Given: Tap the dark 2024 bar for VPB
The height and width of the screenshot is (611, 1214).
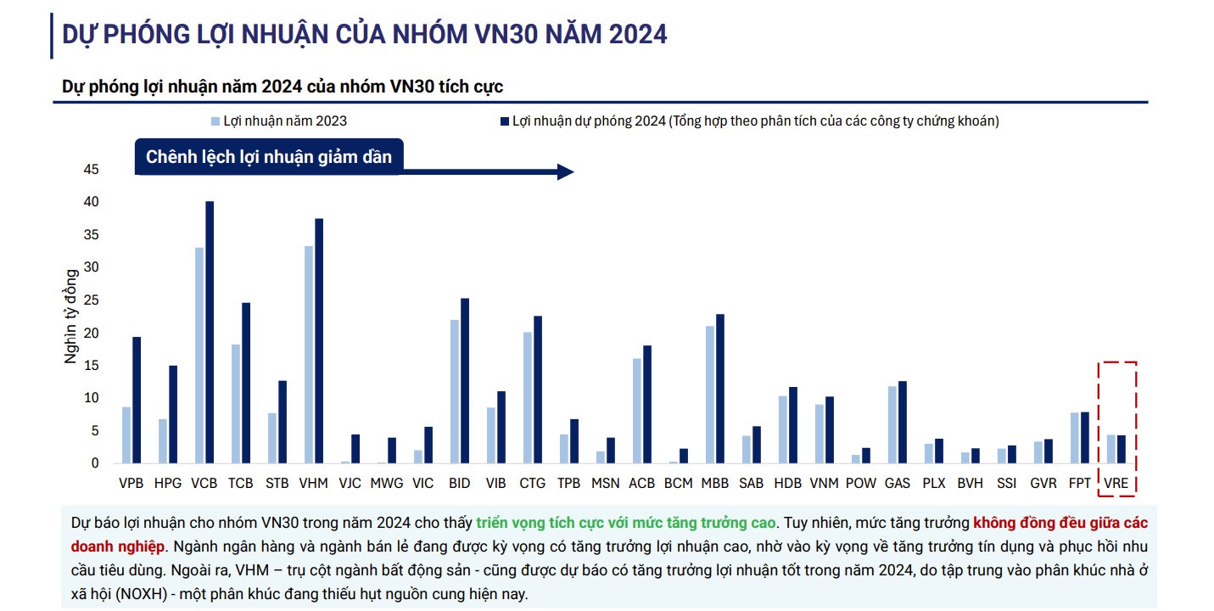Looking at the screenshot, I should pyautogui.click(x=137, y=400).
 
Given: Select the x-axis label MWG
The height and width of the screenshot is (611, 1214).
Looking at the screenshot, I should pyautogui.click(x=386, y=483).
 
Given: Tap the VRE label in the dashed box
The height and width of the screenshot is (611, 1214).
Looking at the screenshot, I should pyautogui.click(x=1116, y=483).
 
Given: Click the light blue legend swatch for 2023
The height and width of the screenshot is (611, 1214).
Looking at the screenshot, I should pyautogui.click(x=215, y=121).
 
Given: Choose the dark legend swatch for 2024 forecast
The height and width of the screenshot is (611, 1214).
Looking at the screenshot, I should pyautogui.click(x=504, y=121).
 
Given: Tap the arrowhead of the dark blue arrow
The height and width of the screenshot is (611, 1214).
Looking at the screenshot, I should pyautogui.click(x=566, y=172).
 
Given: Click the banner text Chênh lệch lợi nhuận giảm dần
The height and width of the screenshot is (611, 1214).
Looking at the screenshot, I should pyautogui.click(x=269, y=157).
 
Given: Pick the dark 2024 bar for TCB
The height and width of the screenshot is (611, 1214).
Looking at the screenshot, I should pyautogui.click(x=246, y=383).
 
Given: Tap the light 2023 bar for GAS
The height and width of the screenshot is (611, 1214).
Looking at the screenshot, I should pyautogui.click(x=892, y=424).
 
